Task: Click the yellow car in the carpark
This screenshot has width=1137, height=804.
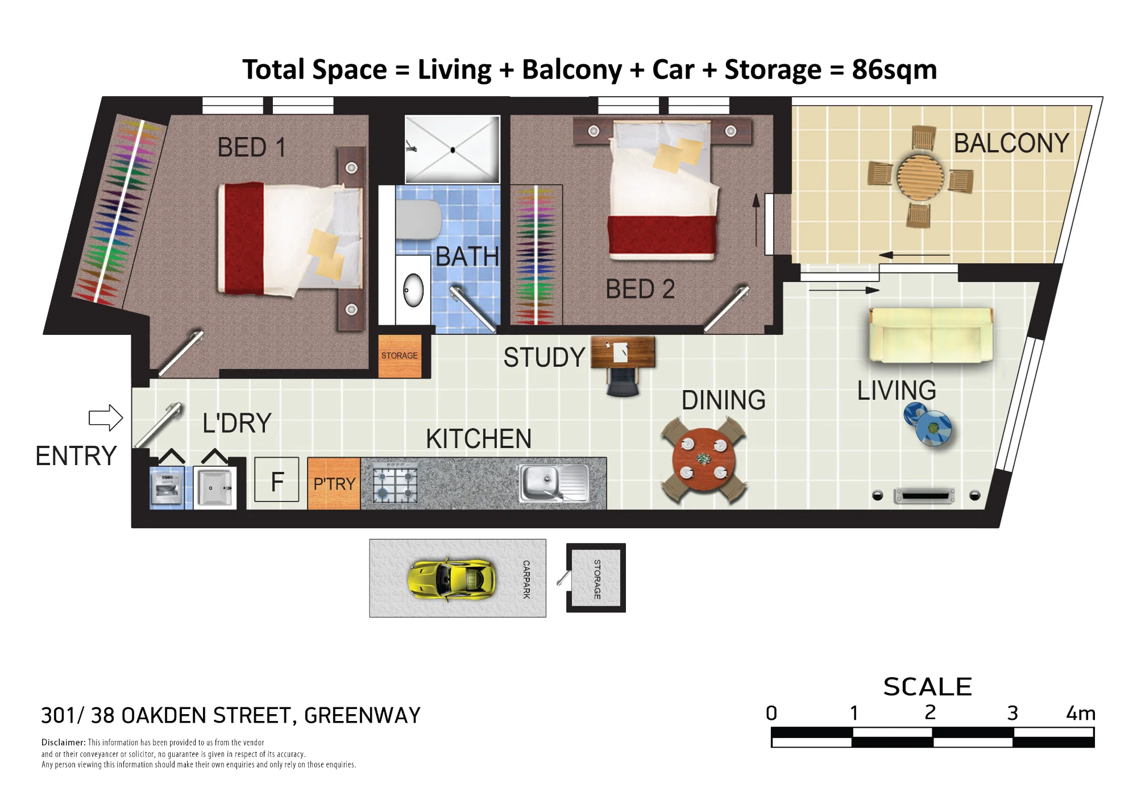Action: [451, 579]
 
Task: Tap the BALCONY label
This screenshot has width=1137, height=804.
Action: [1011, 143]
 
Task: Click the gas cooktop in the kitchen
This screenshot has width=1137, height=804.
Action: [395, 484]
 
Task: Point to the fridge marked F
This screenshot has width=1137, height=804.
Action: [277, 479]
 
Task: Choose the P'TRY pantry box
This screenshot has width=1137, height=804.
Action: [334, 483]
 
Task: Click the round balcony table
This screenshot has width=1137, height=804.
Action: [920, 176]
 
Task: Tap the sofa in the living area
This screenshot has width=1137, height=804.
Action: [931, 335]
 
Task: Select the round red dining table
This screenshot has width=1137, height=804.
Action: [704, 459]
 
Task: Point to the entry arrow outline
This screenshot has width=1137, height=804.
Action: [106, 418]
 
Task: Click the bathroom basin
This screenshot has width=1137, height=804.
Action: [413, 290]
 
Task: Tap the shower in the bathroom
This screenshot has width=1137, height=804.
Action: [453, 150]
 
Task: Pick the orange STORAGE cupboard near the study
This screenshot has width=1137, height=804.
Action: [400, 356]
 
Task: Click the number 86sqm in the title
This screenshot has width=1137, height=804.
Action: [894, 70]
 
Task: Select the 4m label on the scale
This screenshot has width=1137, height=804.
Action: [1081, 713]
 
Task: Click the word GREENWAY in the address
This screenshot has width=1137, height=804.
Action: [362, 715]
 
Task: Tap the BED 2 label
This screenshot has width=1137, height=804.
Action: [640, 289]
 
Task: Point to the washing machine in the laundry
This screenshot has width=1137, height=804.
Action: [167, 487]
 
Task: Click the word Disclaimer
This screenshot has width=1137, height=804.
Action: [63, 742]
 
